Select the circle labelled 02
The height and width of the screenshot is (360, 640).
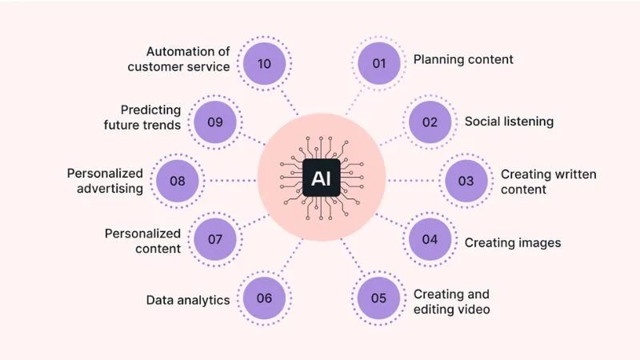click(x=430, y=122)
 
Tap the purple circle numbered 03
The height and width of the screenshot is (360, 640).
click(x=466, y=182)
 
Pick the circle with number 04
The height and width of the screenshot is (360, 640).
click(x=430, y=240)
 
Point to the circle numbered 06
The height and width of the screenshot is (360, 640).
click(x=265, y=299)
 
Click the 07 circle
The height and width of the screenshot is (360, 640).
click(x=214, y=240)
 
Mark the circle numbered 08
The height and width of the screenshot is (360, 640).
click(x=178, y=182)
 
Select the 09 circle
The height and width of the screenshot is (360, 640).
click(x=214, y=122)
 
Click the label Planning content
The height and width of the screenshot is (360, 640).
click(x=462, y=59)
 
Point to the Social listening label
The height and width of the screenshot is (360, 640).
click(x=509, y=122)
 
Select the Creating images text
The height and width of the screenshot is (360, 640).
click(x=512, y=242)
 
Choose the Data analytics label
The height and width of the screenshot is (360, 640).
click(x=188, y=300)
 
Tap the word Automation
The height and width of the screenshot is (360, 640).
click(x=187, y=51)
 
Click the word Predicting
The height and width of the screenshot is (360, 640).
click(x=151, y=110)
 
